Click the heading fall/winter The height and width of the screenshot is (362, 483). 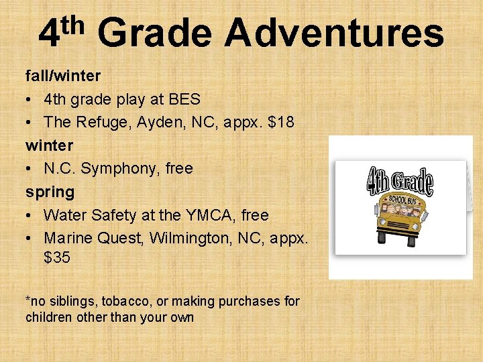(x=63, y=76)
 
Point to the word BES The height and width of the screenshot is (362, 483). (x=184, y=99)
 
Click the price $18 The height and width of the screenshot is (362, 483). (x=280, y=122)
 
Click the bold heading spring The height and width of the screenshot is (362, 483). (x=50, y=192)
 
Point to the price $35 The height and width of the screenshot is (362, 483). (x=57, y=257)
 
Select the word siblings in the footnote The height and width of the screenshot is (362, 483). (x=64, y=301)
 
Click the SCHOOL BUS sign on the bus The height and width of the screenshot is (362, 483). (x=400, y=200)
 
